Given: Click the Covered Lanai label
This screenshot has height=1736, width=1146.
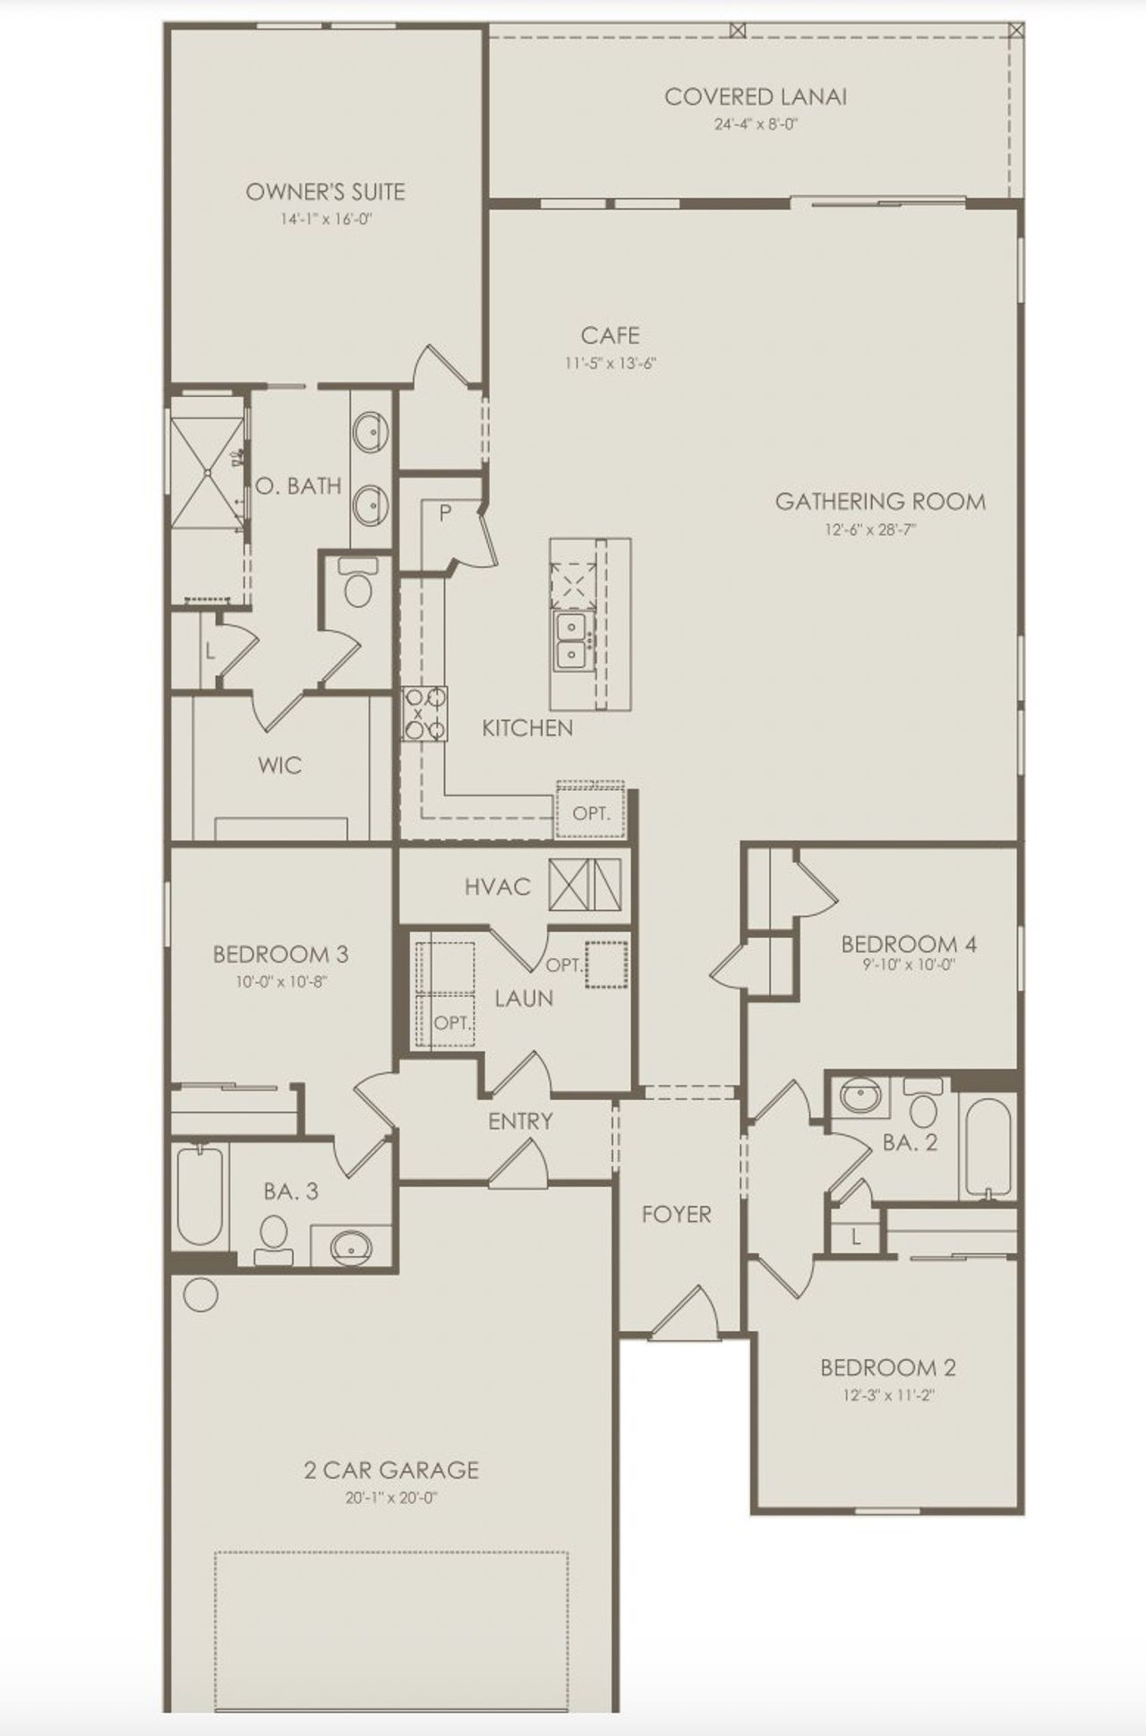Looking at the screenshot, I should click(755, 97).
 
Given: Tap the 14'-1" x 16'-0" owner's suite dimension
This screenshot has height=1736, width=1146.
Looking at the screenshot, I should click(325, 218).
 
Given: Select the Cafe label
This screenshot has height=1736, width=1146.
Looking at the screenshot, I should click(610, 336).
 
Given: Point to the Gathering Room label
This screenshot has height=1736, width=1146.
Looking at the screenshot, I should click(880, 502).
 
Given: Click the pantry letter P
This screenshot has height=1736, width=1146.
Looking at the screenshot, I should click(445, 513).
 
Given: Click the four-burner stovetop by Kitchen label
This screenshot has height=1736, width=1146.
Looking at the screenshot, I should click(425, 713).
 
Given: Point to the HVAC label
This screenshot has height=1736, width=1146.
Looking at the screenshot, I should click(498, 887).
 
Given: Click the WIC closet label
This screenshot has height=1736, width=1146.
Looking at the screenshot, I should click(279, 765).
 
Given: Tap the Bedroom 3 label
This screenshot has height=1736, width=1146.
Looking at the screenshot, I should click(280, 954).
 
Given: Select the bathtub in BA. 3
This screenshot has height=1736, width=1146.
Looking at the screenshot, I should click(198, 1196).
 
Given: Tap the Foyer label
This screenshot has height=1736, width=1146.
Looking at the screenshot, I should click(676, 1215).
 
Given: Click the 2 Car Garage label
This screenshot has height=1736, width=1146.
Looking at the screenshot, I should click(391, 1470).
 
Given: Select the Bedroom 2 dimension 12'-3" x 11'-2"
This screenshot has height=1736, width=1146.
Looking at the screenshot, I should click(888, 1395).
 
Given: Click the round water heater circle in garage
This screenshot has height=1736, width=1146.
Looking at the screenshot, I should click(201, 1295).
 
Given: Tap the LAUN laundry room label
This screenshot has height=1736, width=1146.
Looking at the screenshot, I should click(524, 998).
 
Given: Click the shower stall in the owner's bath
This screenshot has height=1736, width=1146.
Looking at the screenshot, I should click(207, 472).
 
